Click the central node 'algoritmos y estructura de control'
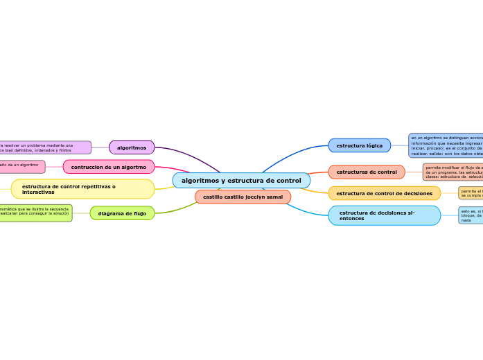tap(241, 181)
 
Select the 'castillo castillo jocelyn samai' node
tap(243, 197)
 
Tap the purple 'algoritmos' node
tap(132, 147)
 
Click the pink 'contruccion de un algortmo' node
tap(109, 167)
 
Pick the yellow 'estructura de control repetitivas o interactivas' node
tap(82, 189)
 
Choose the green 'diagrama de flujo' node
tap(122, 213)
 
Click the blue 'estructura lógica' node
tap(359, 145)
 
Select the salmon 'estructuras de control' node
tap(367, 172)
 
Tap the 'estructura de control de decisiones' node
tap(384, 193)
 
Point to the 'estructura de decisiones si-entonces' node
tap(384, 215)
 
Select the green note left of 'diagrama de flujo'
tap(35, 213)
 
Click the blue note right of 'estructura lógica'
tap(446, 146)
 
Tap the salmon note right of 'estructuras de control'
tap(453, 172)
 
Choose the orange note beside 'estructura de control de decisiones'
tap(471, 193)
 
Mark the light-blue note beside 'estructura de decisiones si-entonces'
tap(471, 215)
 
